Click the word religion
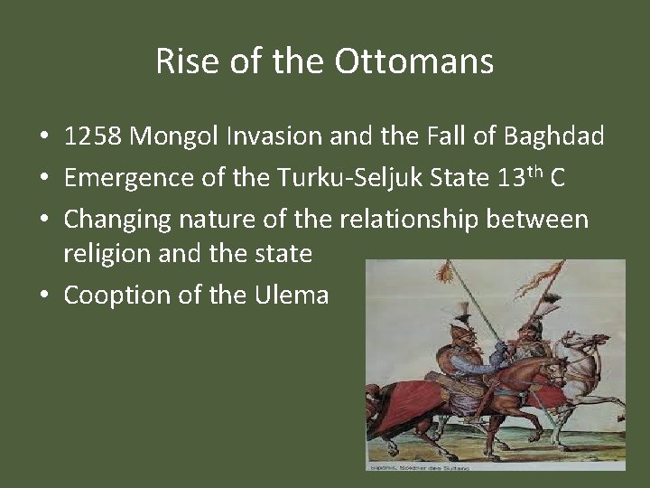98,254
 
